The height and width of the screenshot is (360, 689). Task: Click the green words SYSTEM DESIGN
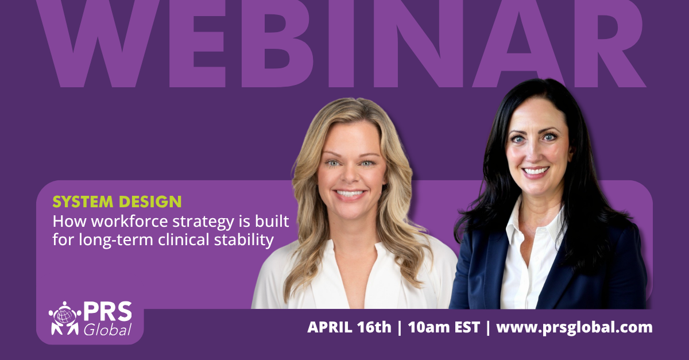[x=117, y=202]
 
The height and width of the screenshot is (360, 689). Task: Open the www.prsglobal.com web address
[x=574, y=328]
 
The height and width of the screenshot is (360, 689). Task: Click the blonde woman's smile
[x=350, y=193]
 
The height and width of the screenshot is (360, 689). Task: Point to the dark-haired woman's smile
[x=535, y=171]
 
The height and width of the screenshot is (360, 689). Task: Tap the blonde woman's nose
[x=350, y=175]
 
